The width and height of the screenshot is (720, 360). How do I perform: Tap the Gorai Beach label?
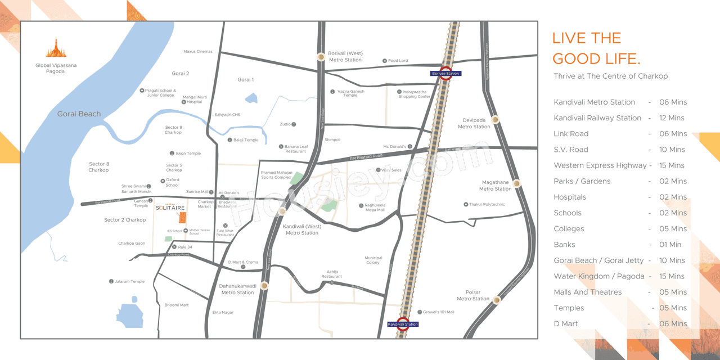pyautogui.click(x=79, y=114)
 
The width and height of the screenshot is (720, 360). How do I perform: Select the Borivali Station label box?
pyautogui.click(x=445, y=74)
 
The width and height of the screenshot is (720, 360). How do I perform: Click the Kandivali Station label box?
pyautogui.click(x=403, y=325)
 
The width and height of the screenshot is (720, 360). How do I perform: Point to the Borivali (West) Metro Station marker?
pyautogui.click(x=321, y=56)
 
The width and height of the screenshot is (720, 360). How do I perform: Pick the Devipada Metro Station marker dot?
pyautogui.click(x=495, y=120)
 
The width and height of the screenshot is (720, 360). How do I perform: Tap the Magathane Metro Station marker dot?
pyautogui.click(x=516, y=183)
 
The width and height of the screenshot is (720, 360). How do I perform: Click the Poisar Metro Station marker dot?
pyautogui.click(x=497, y=300)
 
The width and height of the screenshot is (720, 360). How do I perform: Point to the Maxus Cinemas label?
pyautogui.click(x=198, y=52)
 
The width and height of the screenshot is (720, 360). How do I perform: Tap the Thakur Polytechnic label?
pyautogui.click(x=487, y=204)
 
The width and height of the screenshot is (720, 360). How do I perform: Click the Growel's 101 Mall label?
pyautogui.click(x=439, y=312)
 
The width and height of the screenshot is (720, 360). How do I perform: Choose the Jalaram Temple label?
pyautogui.click(x=130, y=281)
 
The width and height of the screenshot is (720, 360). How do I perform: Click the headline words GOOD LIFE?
pyautogui.click(x=596, y=58)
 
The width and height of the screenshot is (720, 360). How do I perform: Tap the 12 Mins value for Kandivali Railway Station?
pyautogui.click(x=672, y=118)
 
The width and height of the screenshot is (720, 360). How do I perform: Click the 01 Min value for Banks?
pyautogui.click(x=670, y=245)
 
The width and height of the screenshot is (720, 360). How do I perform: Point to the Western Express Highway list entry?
pyautogui.click(x=600, y=165)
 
